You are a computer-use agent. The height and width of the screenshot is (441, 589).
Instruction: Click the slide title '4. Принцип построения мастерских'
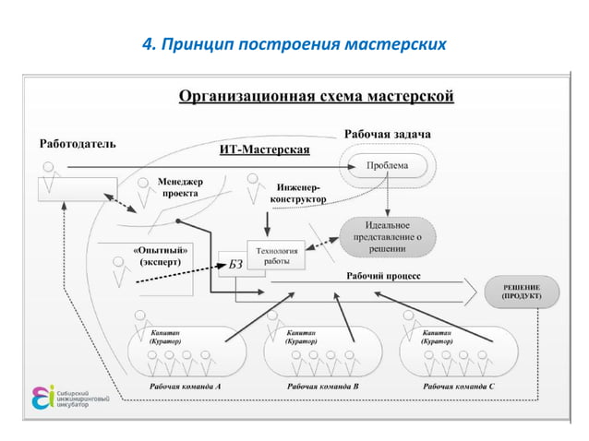tap(294, 43)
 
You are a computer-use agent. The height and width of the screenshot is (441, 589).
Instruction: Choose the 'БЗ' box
tap(229, 266)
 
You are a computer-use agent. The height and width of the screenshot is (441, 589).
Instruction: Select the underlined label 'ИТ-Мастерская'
tap(264, 149)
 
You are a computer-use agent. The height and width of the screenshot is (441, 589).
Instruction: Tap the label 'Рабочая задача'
tap(388, 135)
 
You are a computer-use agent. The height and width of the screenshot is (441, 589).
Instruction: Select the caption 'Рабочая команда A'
tap(185, 387)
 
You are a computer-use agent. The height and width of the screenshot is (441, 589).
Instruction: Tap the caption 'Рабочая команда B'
tap(322, 387)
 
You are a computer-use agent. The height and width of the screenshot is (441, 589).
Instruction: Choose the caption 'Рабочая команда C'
tap(459, 387)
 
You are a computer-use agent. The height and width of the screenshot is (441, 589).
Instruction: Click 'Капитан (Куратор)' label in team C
tap(440, 336)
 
